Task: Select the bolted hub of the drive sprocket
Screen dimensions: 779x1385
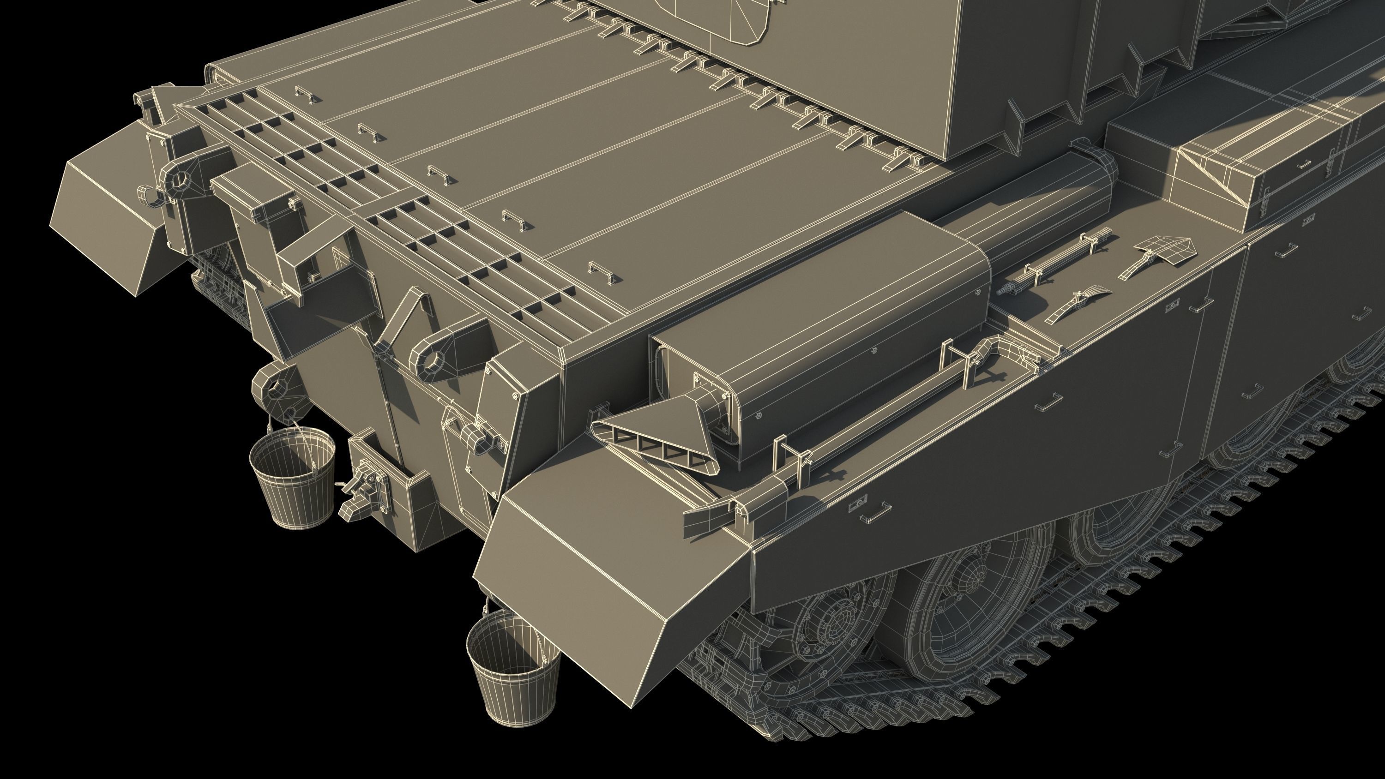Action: coord(831,623)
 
